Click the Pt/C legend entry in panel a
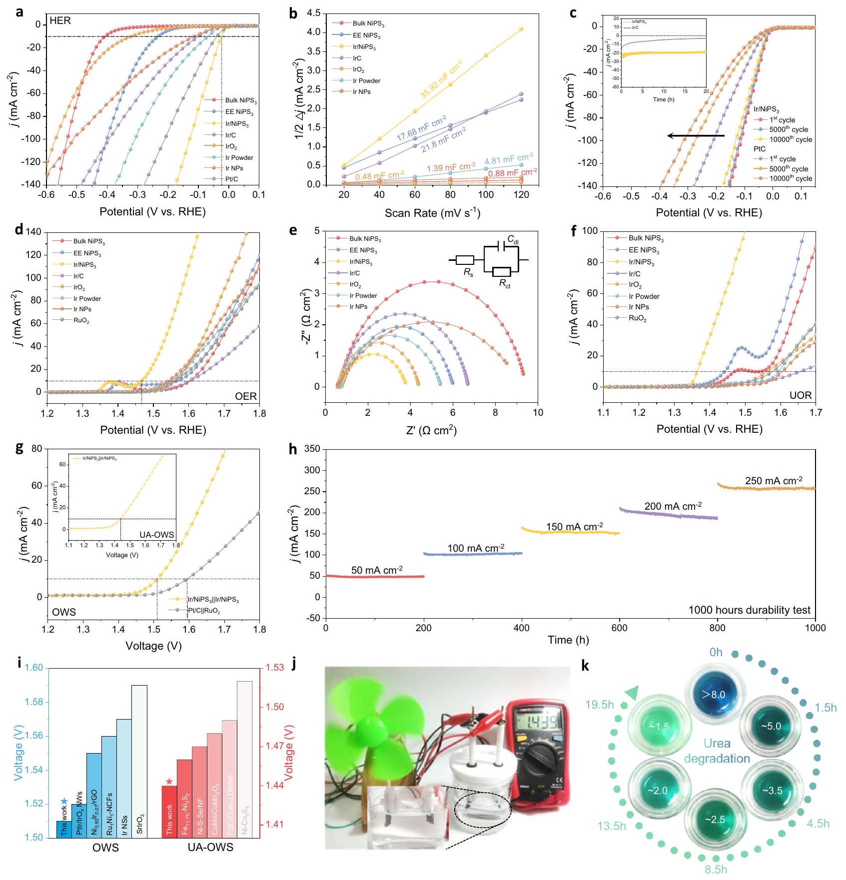[231, 179]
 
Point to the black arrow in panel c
[696, 135]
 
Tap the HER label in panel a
[60, 21]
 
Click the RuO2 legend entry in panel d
[81, 320]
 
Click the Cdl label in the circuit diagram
[513, 240]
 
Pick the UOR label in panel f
[801, 395]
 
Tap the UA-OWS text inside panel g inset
[156, 535]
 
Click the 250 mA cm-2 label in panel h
[774, 481]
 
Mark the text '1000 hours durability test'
[749, 610]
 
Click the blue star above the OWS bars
[63, 802]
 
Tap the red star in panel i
[169, 782]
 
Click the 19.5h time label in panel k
[600, 705]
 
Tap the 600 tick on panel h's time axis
[620, 628]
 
